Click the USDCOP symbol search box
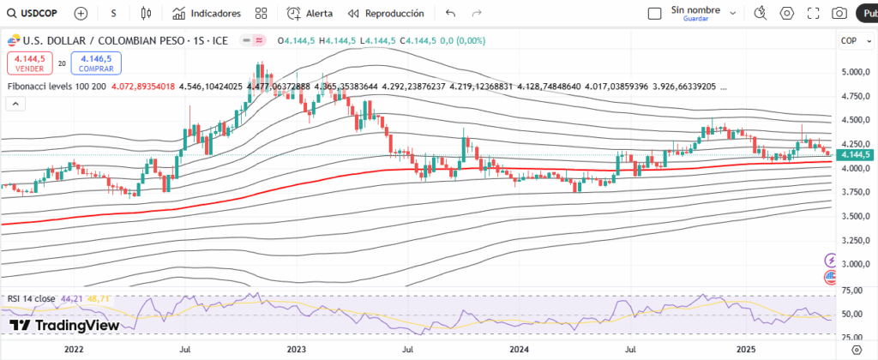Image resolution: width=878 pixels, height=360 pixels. pyautogui.click(x=34, y=14)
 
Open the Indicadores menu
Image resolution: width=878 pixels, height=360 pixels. pyautogui.click(x=207, y=14)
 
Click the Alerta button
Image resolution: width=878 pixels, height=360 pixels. pyautogui.click(x=310, y=14)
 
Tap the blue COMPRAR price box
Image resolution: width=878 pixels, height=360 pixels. pyautogui.click(x=96, y=63)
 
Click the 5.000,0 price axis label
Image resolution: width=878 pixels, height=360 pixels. pyautogui.click(x=855, y=72)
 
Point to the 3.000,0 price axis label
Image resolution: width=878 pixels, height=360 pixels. pyautogui.click(x=855, y=264)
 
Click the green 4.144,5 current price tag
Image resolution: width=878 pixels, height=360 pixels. pyautogui.click(x=856, y=154)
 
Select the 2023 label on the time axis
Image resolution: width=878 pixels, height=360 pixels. pyautogui.click(x=297, y=350)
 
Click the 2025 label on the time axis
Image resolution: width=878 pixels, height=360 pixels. pyautogui.click(x=746, y=350)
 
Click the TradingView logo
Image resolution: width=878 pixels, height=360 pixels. pyautogui.click(x=64, y=326)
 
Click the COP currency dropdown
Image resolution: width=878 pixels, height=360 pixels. pyautogui.click(x=855, y=40)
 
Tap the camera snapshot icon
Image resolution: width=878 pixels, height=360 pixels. pyautogui.click(x=839, y=14)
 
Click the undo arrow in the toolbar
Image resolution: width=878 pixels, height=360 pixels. pyautogui.click(x=451, y=14)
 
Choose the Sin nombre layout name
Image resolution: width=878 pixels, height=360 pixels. pyautogui.click(x=695, y=10)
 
